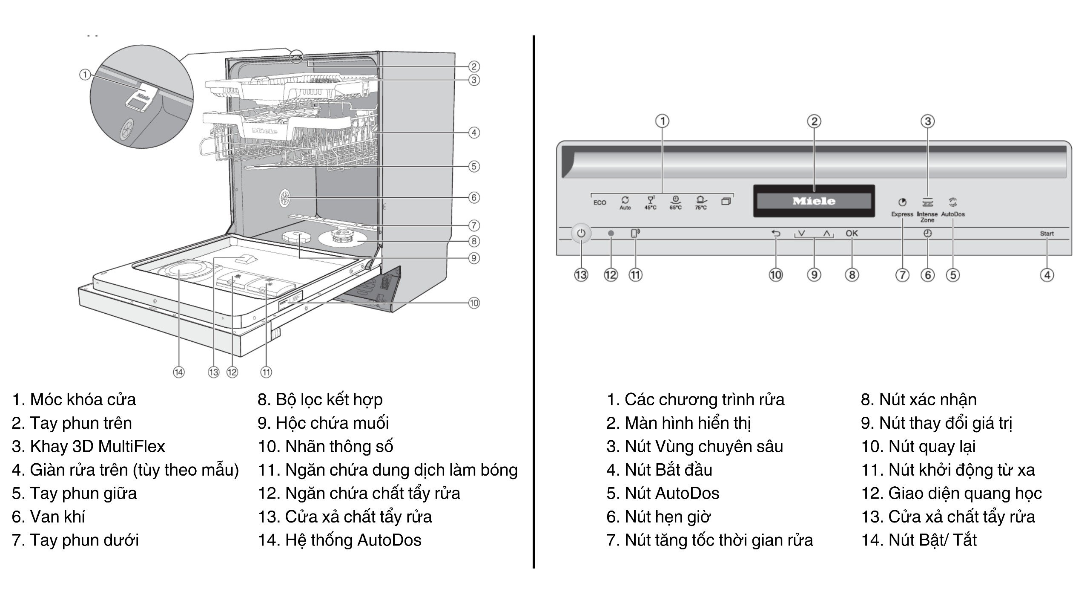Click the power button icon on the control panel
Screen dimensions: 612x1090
581,234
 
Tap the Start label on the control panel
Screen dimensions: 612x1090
1047,234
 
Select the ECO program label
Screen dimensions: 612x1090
599,203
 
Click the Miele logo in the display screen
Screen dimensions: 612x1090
814,201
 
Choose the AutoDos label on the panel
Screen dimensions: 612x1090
953,214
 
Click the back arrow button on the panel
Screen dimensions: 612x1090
776,234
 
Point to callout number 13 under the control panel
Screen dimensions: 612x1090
581,275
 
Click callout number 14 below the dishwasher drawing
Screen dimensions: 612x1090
179,372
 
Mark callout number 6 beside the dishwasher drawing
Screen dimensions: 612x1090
474,198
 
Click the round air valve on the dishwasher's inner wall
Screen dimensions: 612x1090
285,198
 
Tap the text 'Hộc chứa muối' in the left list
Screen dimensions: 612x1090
332,423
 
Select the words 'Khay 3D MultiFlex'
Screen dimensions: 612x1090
97,447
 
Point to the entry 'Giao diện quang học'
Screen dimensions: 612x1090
964,494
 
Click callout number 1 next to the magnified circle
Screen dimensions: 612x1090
85,75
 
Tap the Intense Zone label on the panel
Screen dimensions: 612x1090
927,217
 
